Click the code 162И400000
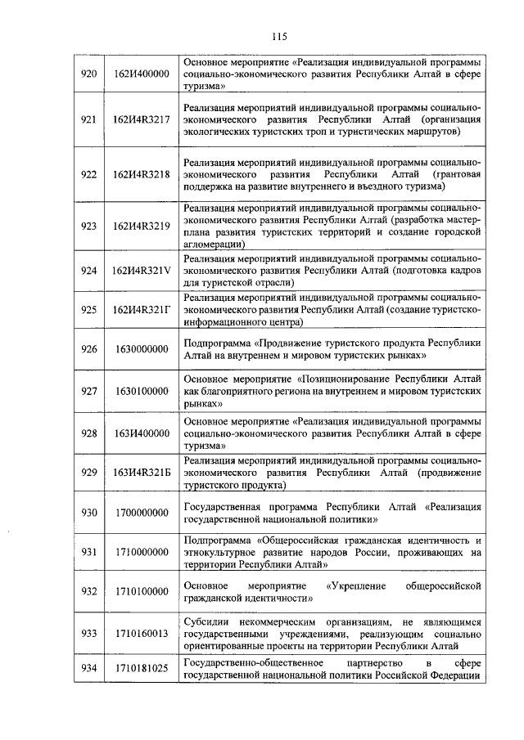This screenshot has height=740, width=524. (141, 74)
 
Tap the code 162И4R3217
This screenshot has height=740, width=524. (141, 119)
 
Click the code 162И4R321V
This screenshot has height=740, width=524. (141, 271)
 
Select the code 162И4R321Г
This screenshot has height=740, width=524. (141, 310)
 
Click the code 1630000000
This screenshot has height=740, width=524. (141, 349)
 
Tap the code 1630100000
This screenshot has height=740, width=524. (141, 391)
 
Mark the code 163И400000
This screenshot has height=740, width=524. (141, 433)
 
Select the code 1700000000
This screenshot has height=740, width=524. (141, 513)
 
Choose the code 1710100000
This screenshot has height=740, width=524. (141, 591)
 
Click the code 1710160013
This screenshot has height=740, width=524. (141, 633)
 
